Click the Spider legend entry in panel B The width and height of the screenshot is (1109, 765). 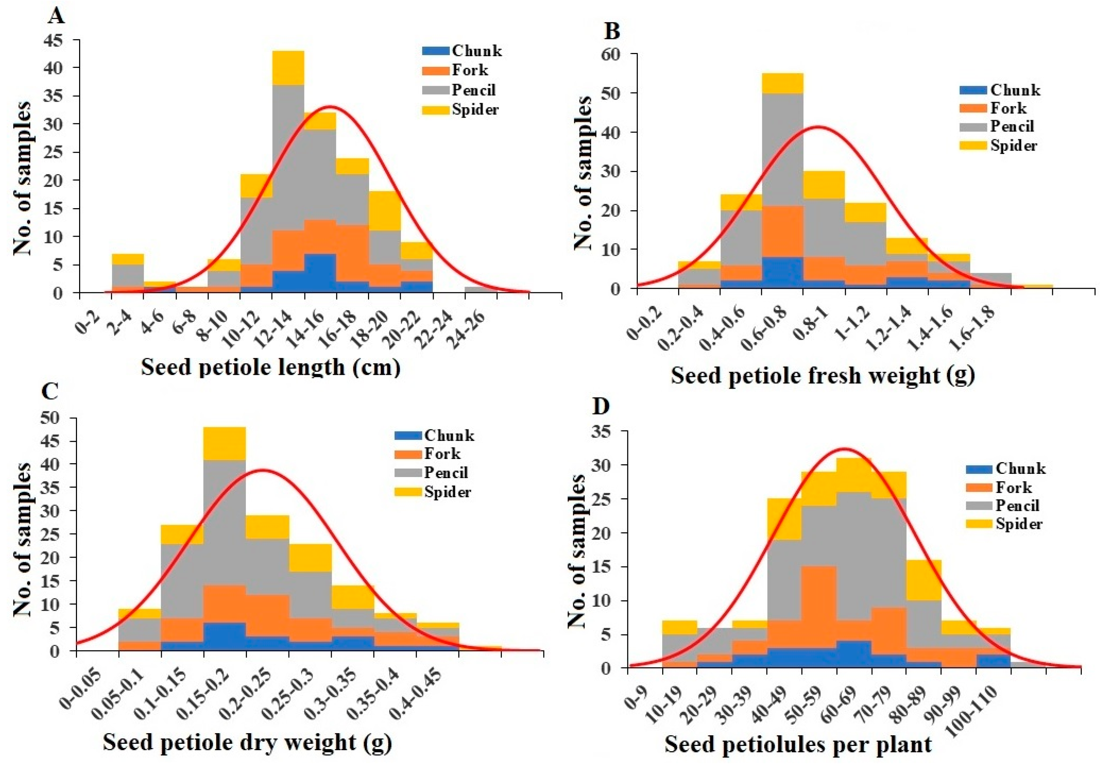coord(1014,145)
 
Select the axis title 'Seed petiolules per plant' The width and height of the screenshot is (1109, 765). coord(798,745)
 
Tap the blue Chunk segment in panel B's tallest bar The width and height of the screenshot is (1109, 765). coord(783,273)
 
